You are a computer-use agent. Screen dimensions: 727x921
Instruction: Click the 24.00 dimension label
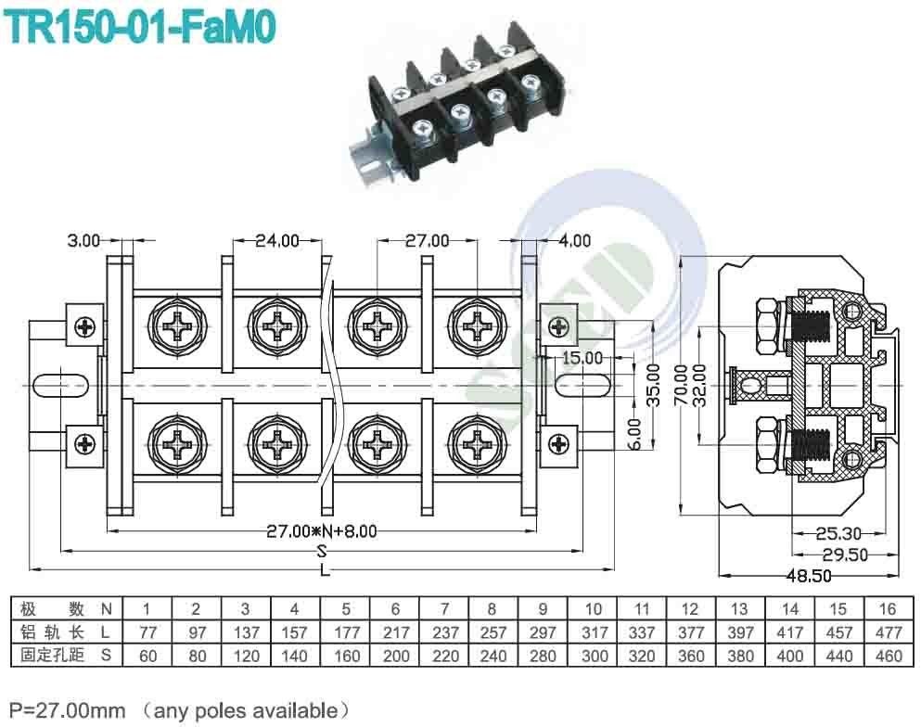277,240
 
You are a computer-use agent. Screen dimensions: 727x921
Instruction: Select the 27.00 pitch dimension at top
427,240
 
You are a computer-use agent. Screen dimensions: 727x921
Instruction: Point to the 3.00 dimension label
83,240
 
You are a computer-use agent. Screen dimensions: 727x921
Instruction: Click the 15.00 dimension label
581,357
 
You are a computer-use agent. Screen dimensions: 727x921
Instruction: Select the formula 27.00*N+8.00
322,531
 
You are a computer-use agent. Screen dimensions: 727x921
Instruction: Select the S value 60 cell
147,656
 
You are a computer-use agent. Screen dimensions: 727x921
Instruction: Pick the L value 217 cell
395,632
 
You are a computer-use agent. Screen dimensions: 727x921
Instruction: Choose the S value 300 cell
593,656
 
